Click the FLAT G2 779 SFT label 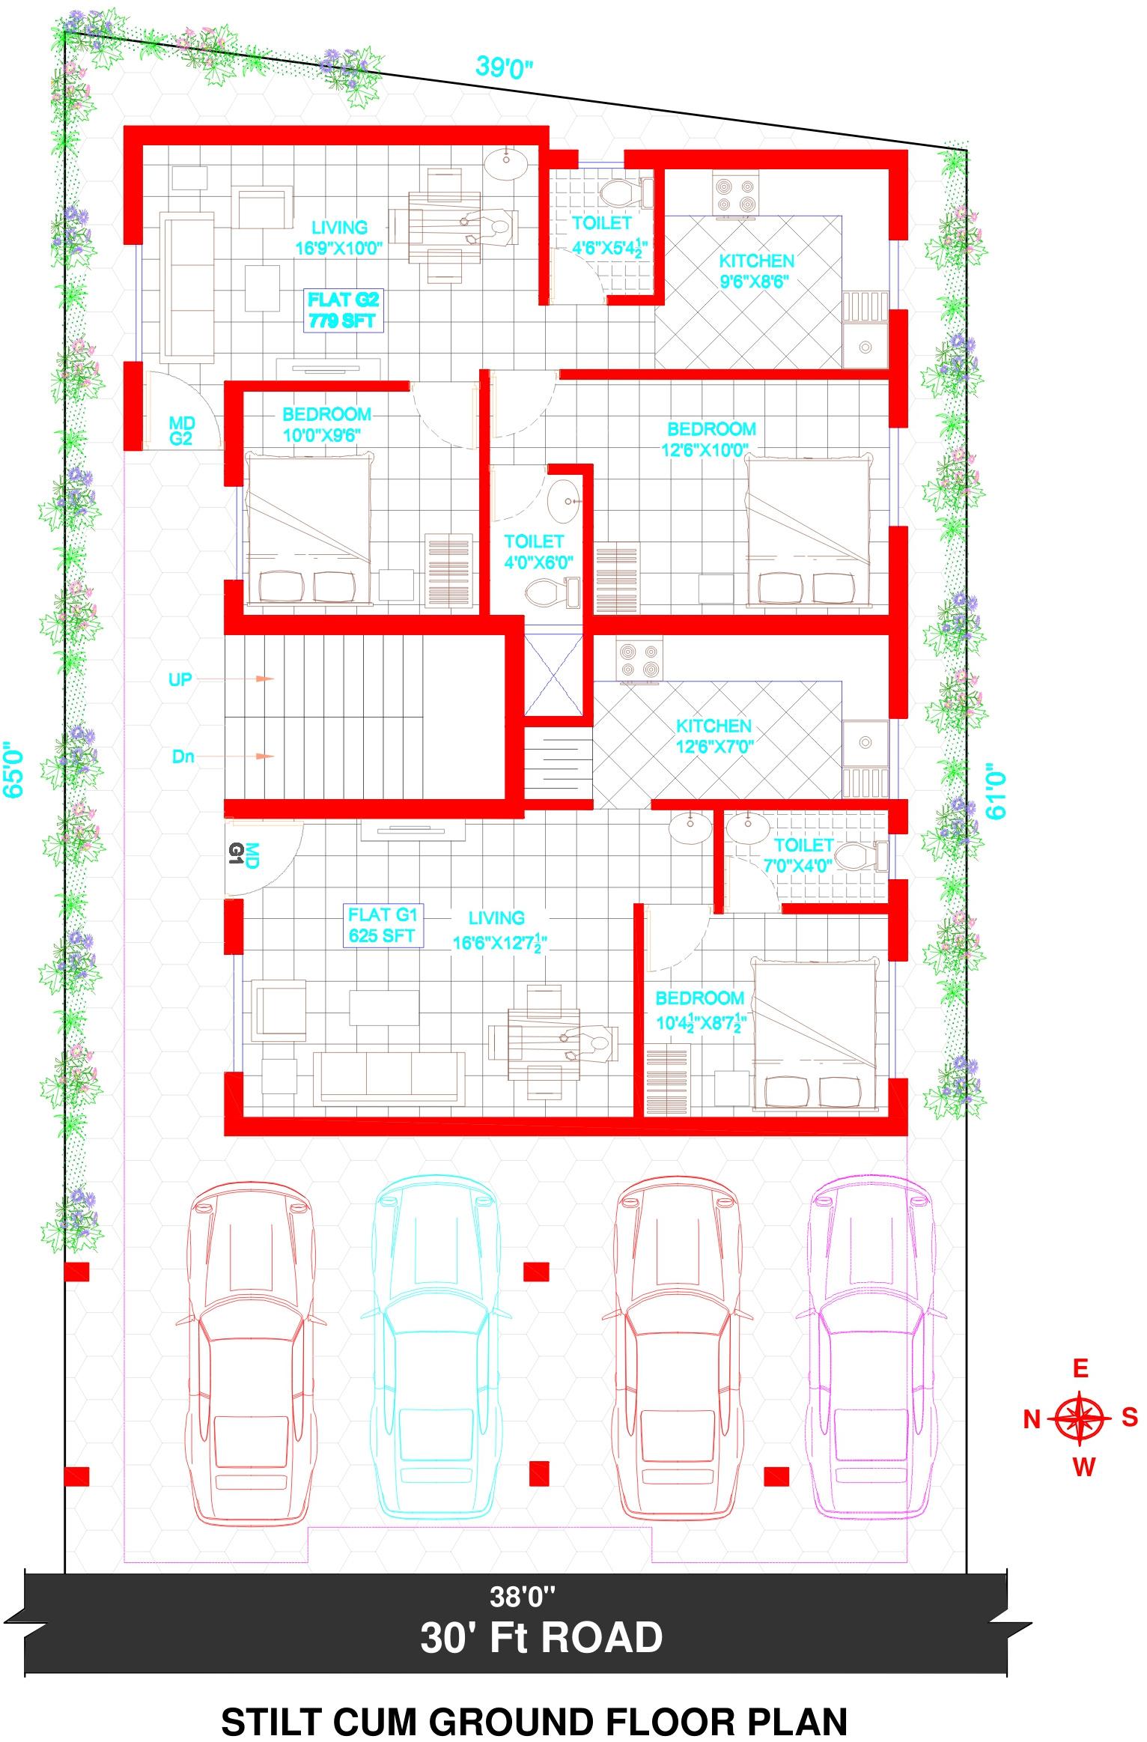click(x=344, y=311)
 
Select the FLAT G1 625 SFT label click(x=382, y=925)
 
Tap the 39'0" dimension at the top click(x=505, y=67)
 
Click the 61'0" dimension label click(x=996, y=791)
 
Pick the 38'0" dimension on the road click(x=523, y=1597)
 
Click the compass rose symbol click(x=1080, y=1418)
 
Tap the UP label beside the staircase click(x=180, y=679)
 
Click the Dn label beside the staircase click(x=183, y=756)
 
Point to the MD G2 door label click(x=180, y=432)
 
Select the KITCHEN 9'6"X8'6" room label click(x=756, y=271)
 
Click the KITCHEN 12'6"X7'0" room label click(x=714, y=735)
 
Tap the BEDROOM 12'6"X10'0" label click(x=711, y=439)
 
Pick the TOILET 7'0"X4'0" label click(x=803, y=855)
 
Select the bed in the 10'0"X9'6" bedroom click(x=308, y=528)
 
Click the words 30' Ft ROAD click(x=541, y=1638)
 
